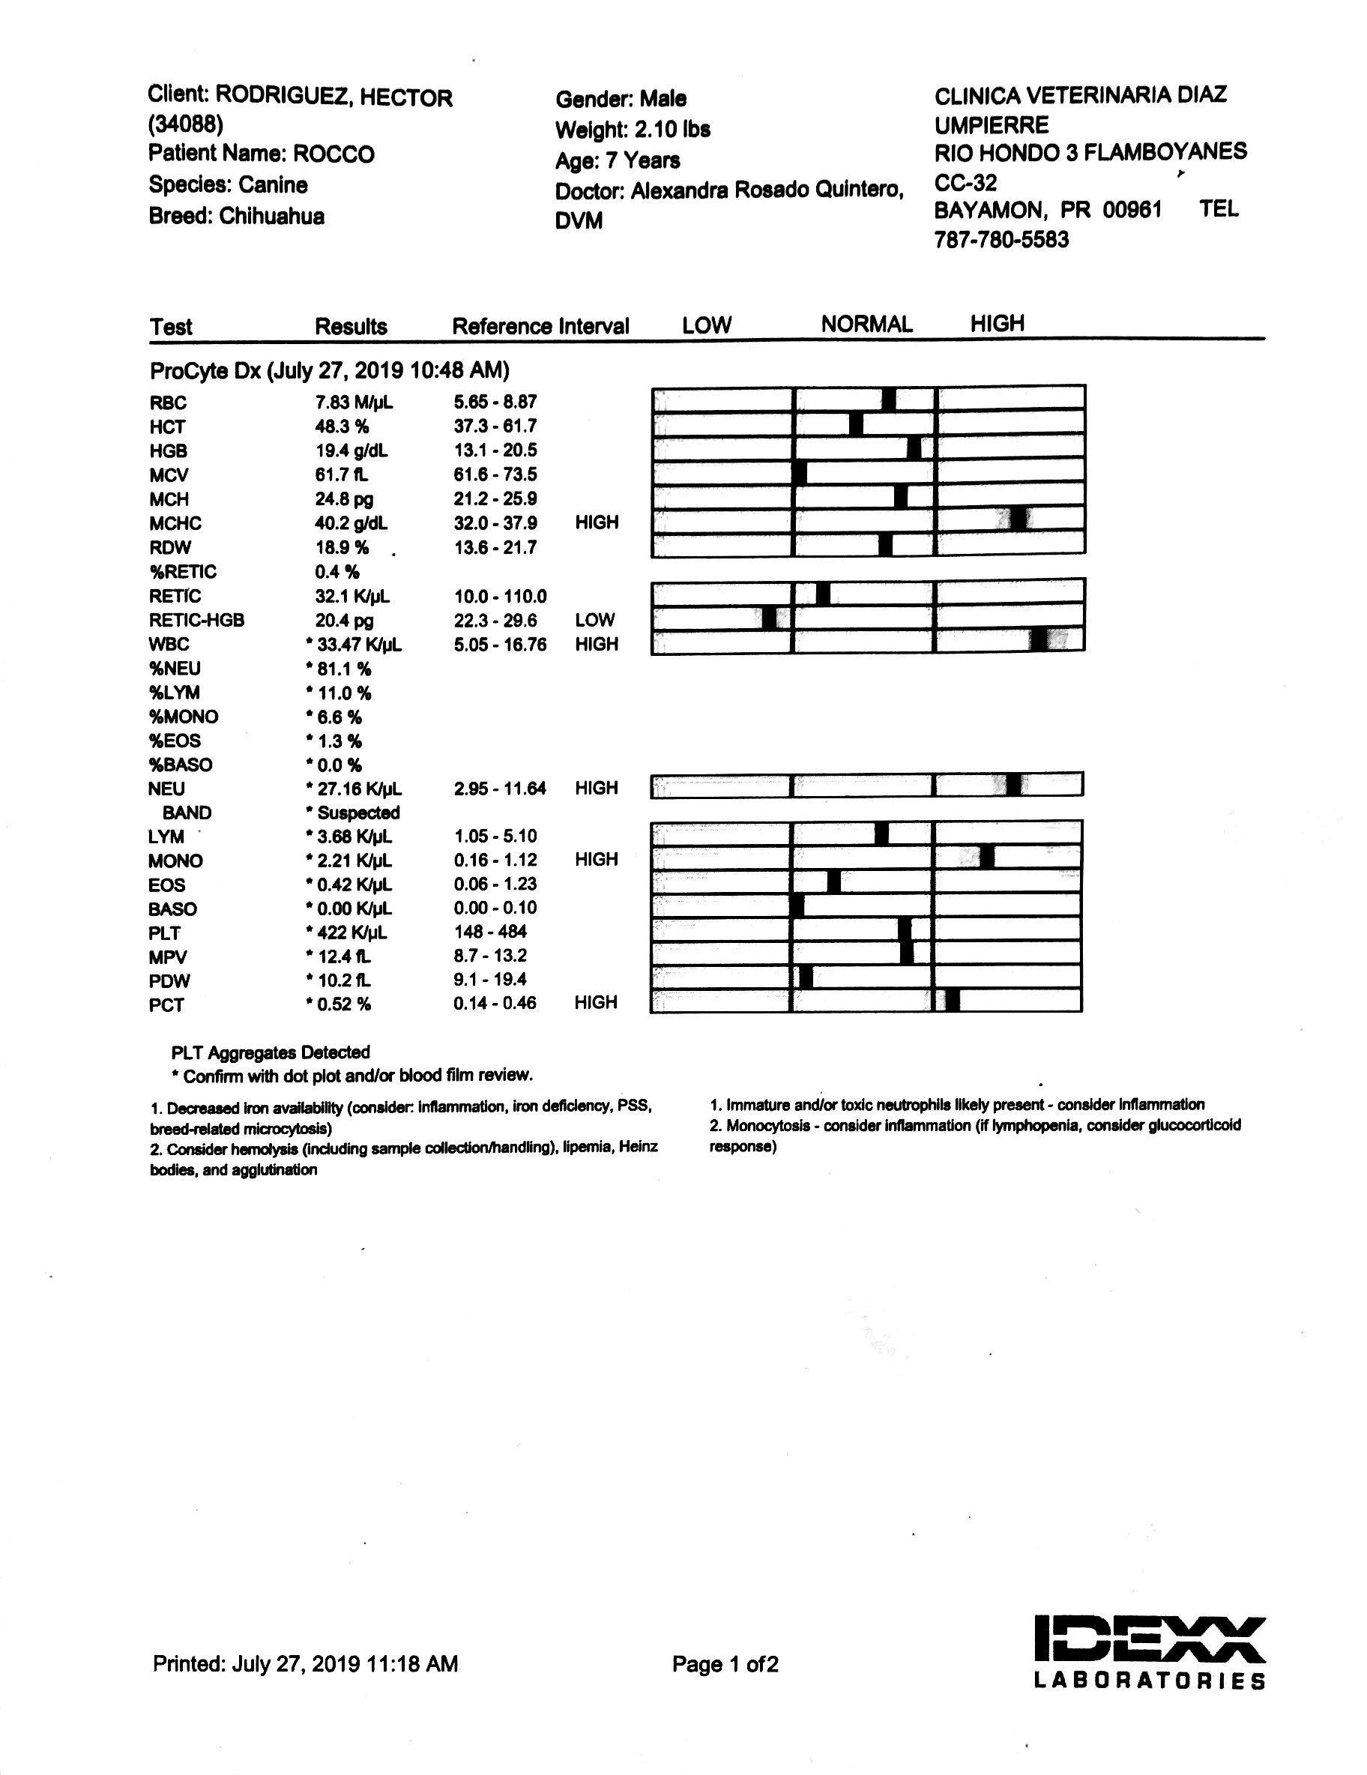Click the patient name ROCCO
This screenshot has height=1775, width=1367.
[x=334, y=154]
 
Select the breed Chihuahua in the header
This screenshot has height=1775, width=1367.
[x=271, y=216]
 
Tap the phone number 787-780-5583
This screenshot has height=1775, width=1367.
[x=1001, y=240]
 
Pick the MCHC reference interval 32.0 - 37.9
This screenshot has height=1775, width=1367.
[x=495, y=523]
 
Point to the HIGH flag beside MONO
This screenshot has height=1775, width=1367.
[x=596, y=860]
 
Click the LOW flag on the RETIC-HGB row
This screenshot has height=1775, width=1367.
[x=594, y=620]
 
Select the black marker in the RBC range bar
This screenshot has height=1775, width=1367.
[x=888, y=399]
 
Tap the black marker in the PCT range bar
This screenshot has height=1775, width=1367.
[x=953, y=1001]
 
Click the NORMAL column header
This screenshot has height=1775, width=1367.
[x=866, y=325]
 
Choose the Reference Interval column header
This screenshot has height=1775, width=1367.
[x=540, y=327]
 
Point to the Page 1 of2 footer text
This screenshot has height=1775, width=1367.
[x=725, y=1665]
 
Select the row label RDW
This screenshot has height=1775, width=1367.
[x=169, y=548]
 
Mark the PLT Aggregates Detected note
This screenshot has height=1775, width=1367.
[x=271, y=1052]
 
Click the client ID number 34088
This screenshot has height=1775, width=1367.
[x=185, y=124]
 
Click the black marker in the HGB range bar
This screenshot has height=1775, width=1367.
[x=914, y=447]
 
